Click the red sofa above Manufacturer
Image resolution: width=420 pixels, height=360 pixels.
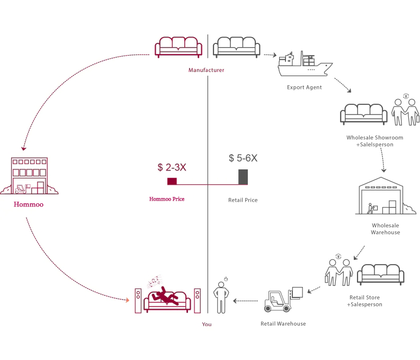click(x=178, y=47)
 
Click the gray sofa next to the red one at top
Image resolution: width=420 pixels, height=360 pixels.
click(x=236, y=47)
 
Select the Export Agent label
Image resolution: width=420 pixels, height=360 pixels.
click(x=305, y=87)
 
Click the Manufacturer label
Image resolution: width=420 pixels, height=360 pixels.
click(x=206, y=70)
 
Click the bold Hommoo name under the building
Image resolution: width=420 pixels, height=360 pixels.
click(x=29, y=203)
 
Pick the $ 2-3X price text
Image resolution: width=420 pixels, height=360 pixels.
click(x=172, y=167)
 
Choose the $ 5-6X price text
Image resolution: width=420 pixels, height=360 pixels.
click(x=243, y=158)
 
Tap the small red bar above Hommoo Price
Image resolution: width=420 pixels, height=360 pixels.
click(x=172, y=181)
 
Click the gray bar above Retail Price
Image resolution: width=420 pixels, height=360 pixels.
click(x=243, y=177)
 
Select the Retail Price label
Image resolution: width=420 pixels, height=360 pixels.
click(x=243, y=200)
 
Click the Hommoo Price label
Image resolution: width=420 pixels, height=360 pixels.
click(x=167, y=200)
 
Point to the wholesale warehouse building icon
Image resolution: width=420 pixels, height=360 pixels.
click(x=382, y=196)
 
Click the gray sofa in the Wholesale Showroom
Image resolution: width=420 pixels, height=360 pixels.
click(x=364, y=113)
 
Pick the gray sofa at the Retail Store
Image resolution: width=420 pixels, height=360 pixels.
click(x=380, y=274)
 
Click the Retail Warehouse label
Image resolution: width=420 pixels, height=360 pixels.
click(x=283, y=323)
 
